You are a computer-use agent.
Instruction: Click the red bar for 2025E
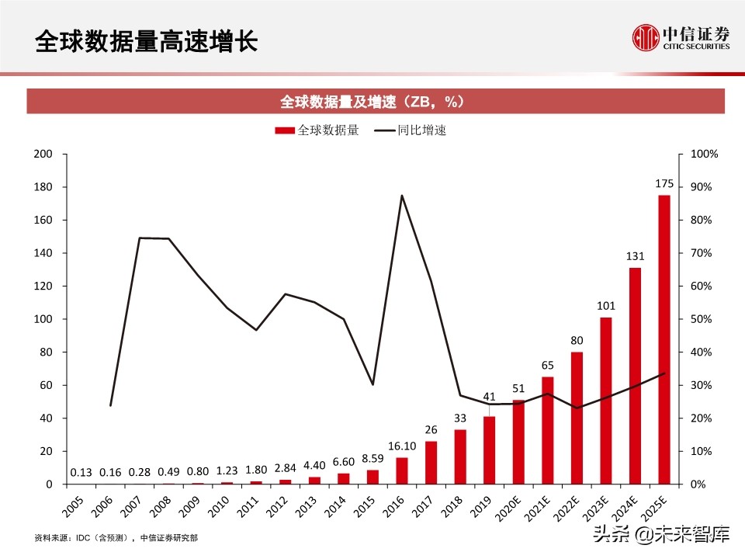664,339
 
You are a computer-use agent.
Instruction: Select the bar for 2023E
606,401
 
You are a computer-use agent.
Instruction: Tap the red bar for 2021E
548,430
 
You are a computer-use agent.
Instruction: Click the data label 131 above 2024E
635,256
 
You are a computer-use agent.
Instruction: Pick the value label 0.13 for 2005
81,472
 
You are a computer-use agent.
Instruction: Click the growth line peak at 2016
401,196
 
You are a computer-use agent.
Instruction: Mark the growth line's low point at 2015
372,384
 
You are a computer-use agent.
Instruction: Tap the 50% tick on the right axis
701,319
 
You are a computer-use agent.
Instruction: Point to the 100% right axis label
703,155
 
